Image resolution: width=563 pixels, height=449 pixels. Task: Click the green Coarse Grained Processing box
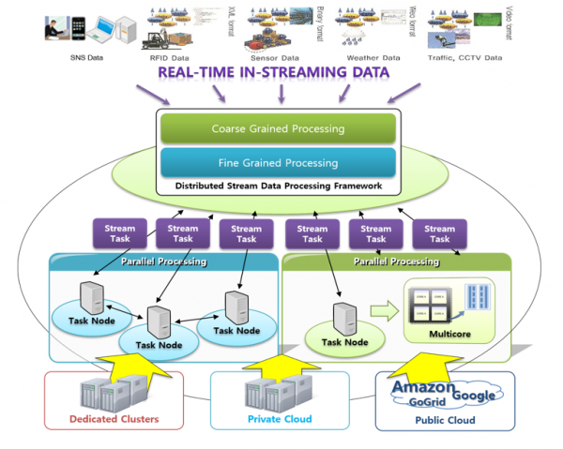(x=279, y=128)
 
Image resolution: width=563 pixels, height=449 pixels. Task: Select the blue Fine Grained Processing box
(x=279, y=161)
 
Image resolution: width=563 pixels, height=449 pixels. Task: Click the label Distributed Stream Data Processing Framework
(x=279, y=185)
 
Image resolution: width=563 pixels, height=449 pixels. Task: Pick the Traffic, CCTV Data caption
(x=464, y=57)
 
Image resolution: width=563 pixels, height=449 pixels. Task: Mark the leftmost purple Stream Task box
(x=119, y=233)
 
